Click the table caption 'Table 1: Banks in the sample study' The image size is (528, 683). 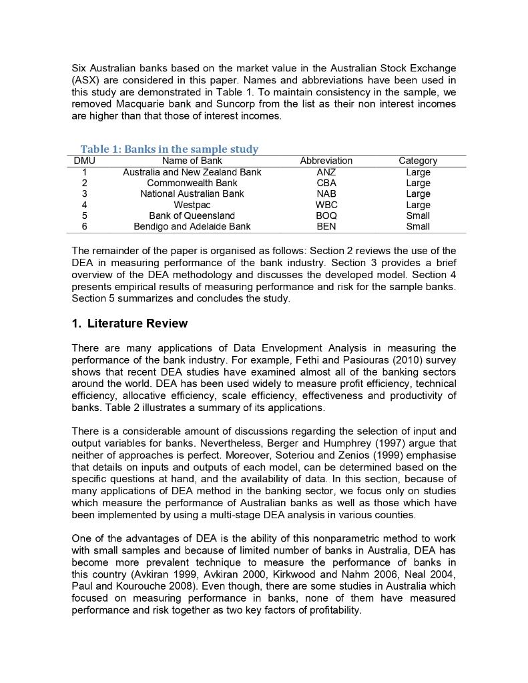tap(169, 149)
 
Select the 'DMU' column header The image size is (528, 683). tap(84, 161)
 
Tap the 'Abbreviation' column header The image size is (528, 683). tap(326, 161)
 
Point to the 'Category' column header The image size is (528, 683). tap(418, 161)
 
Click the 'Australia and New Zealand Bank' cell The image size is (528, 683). tap(192, 172)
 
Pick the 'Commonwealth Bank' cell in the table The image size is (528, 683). tap(192, 183)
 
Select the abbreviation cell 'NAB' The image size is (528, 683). tap(326, 193)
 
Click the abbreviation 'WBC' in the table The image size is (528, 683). tap(326, 205)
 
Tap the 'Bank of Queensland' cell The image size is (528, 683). tap(192, 215)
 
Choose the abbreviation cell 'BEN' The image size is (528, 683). tap(326, 226)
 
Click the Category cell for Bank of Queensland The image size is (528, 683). tap(418, 215)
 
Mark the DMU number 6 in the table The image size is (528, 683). tap(84, 226)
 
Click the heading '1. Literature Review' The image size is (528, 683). tap(129, 323)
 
